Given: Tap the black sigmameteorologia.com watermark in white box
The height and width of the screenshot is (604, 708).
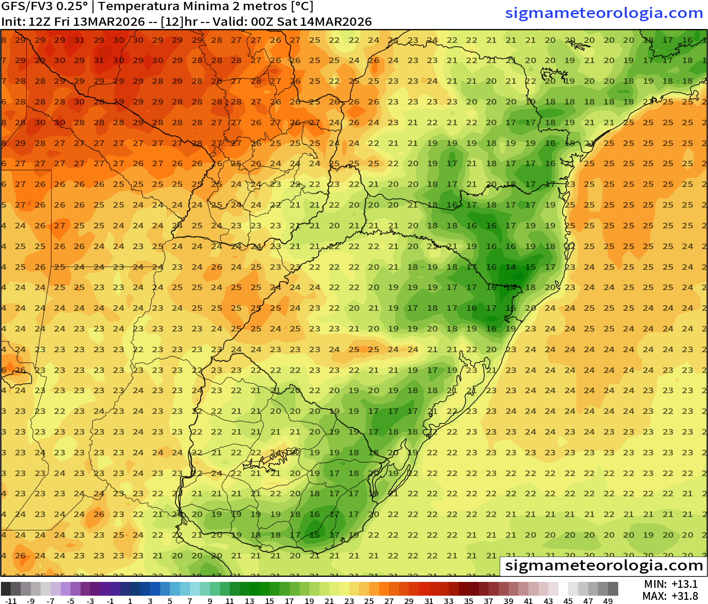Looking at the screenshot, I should (x=604, y=565).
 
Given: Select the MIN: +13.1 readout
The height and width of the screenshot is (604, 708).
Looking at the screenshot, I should (x=671, y=584).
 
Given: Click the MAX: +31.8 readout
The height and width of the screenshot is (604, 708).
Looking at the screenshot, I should (x=670, y=596).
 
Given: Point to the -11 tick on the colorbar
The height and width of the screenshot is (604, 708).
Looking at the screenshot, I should (x=11, y=601).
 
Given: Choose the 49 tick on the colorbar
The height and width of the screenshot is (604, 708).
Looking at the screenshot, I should (x=608, y=601).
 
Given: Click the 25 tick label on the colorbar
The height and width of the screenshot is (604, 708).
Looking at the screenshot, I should (x=369, y=601).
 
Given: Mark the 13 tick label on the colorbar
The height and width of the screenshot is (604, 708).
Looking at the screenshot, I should (x=250, y=601).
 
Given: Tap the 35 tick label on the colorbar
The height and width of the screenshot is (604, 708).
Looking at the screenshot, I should (x=468, y=601).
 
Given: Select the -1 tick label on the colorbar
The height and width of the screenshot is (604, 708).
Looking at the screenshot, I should (x=110, y=601).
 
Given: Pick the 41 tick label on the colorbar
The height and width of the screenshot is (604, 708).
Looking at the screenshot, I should (x=528, y=601).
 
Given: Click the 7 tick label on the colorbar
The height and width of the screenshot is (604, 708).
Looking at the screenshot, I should (x=190, y=601).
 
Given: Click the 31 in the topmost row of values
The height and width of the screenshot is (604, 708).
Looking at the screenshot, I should (x=79, y=40).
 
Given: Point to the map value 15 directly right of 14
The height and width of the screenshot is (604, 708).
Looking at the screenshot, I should (x=530, y=267).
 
